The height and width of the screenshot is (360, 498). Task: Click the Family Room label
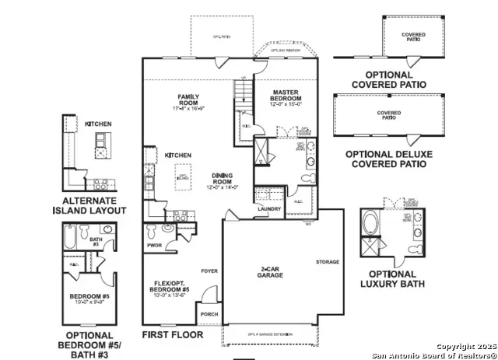[x=188, y=102]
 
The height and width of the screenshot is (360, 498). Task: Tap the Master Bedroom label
[x=281, y=100]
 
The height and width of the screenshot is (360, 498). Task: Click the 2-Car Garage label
[x=270, y=272]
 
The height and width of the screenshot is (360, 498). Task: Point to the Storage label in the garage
[x=328, y=262]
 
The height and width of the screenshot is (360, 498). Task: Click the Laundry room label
[x=269, y=208]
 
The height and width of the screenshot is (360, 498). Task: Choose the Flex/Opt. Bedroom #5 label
[x=170, y=288]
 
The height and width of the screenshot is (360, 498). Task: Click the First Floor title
[x=172, y=335]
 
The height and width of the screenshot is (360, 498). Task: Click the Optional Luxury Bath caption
[x=391, y=279]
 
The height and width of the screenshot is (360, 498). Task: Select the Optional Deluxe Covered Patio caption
[x=386, y=159]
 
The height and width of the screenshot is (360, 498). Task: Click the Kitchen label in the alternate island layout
[x=98, y=124]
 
